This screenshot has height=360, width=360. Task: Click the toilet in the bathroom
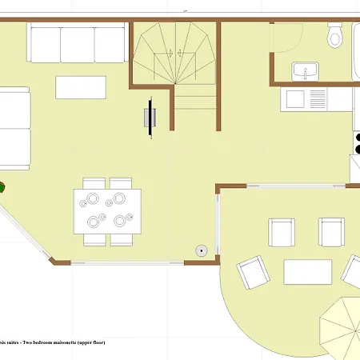(335, 37)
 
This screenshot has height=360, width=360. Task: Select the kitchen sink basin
(294, 99)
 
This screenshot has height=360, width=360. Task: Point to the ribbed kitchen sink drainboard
(318, 99)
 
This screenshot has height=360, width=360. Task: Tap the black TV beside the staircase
(149, 118)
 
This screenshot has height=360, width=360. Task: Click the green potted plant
(2, 188)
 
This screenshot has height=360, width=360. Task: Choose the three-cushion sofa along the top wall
(77, 42)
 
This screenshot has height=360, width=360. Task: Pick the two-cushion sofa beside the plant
(14, 128)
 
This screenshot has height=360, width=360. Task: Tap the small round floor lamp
(202, 250)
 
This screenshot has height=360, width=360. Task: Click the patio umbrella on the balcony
(342, 326)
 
